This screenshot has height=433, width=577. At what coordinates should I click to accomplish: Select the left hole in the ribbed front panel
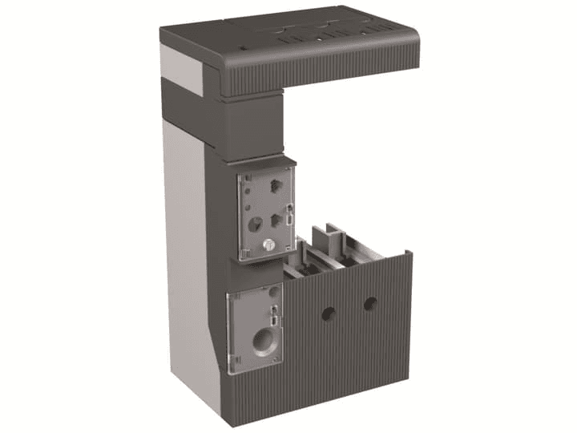(x=329, y=313)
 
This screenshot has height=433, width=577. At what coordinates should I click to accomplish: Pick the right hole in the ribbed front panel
(x=369, y=304)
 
